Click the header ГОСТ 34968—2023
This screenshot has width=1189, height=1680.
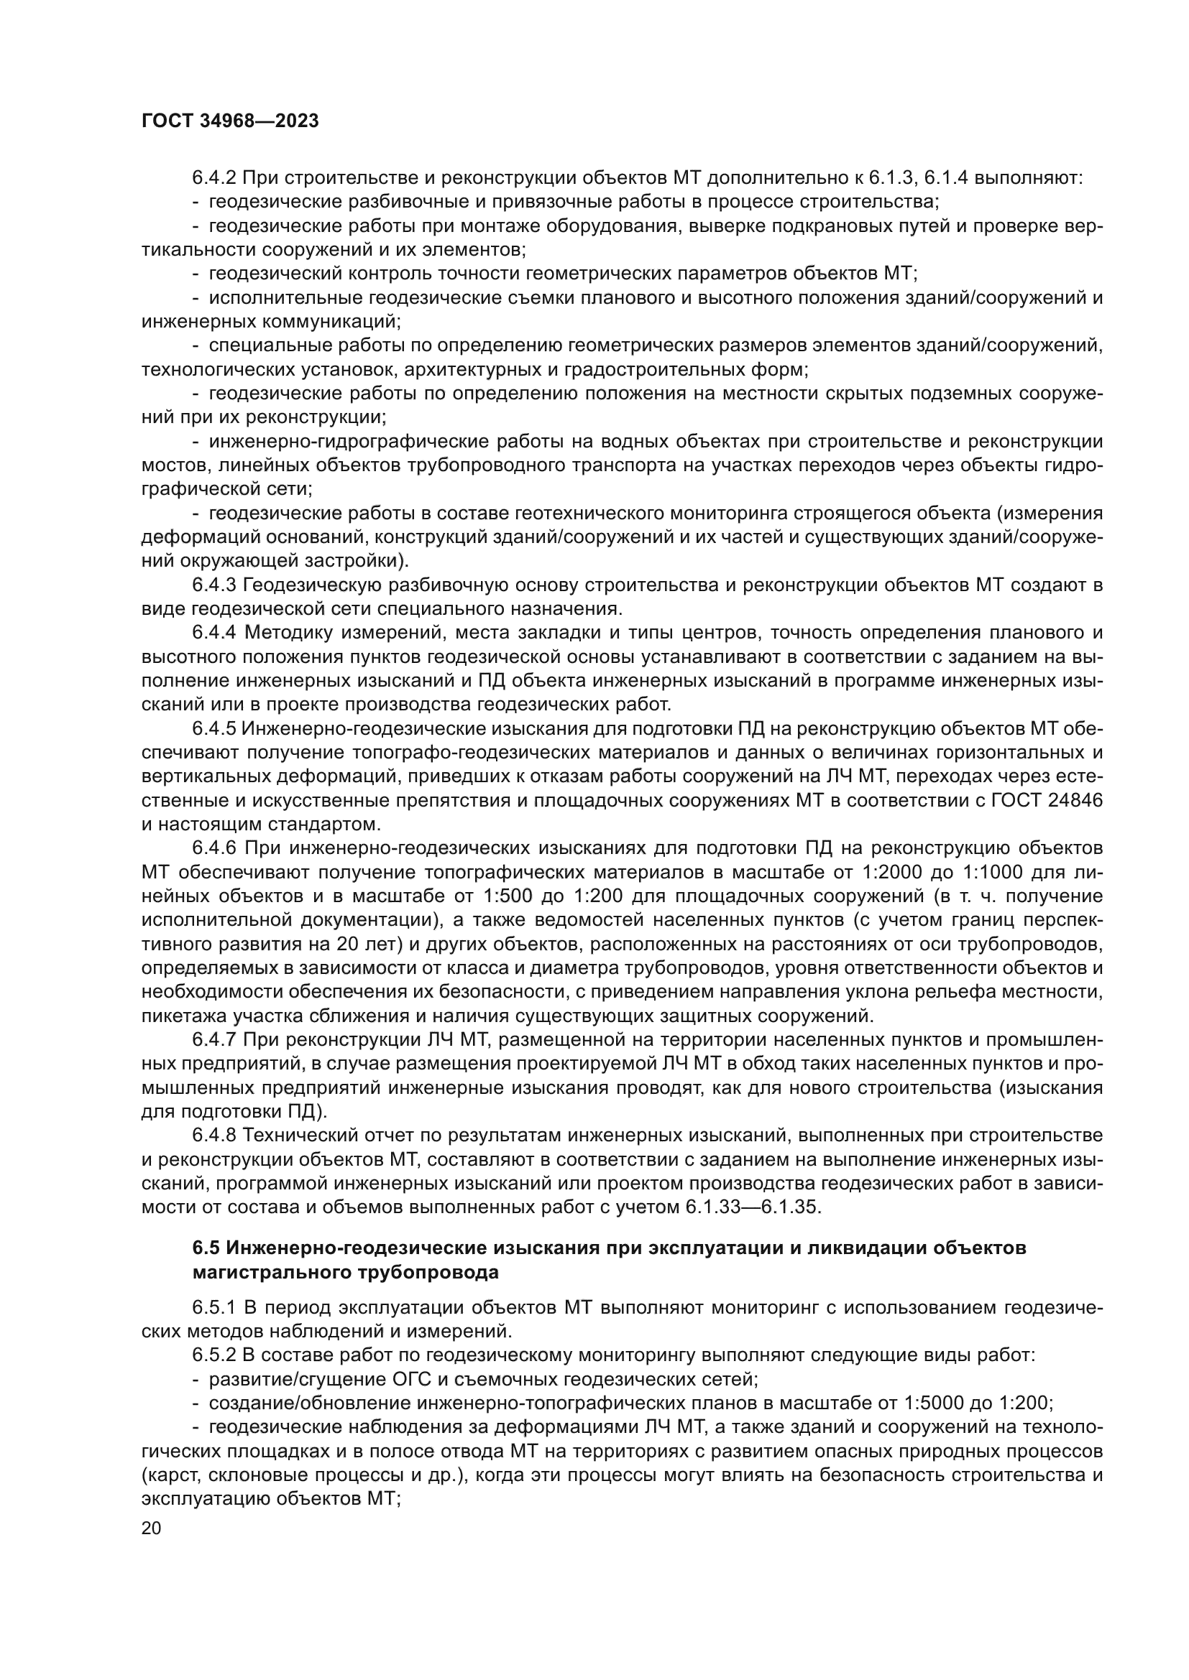pyautogui.click(x=230, y=121)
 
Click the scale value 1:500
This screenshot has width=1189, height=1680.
pyautogui.click(x=511, y=897)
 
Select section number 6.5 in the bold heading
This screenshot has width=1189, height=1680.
pyautogui.click(x=206, y=1249)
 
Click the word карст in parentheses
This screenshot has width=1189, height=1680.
pyautogui.click(x=167, y=1475)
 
